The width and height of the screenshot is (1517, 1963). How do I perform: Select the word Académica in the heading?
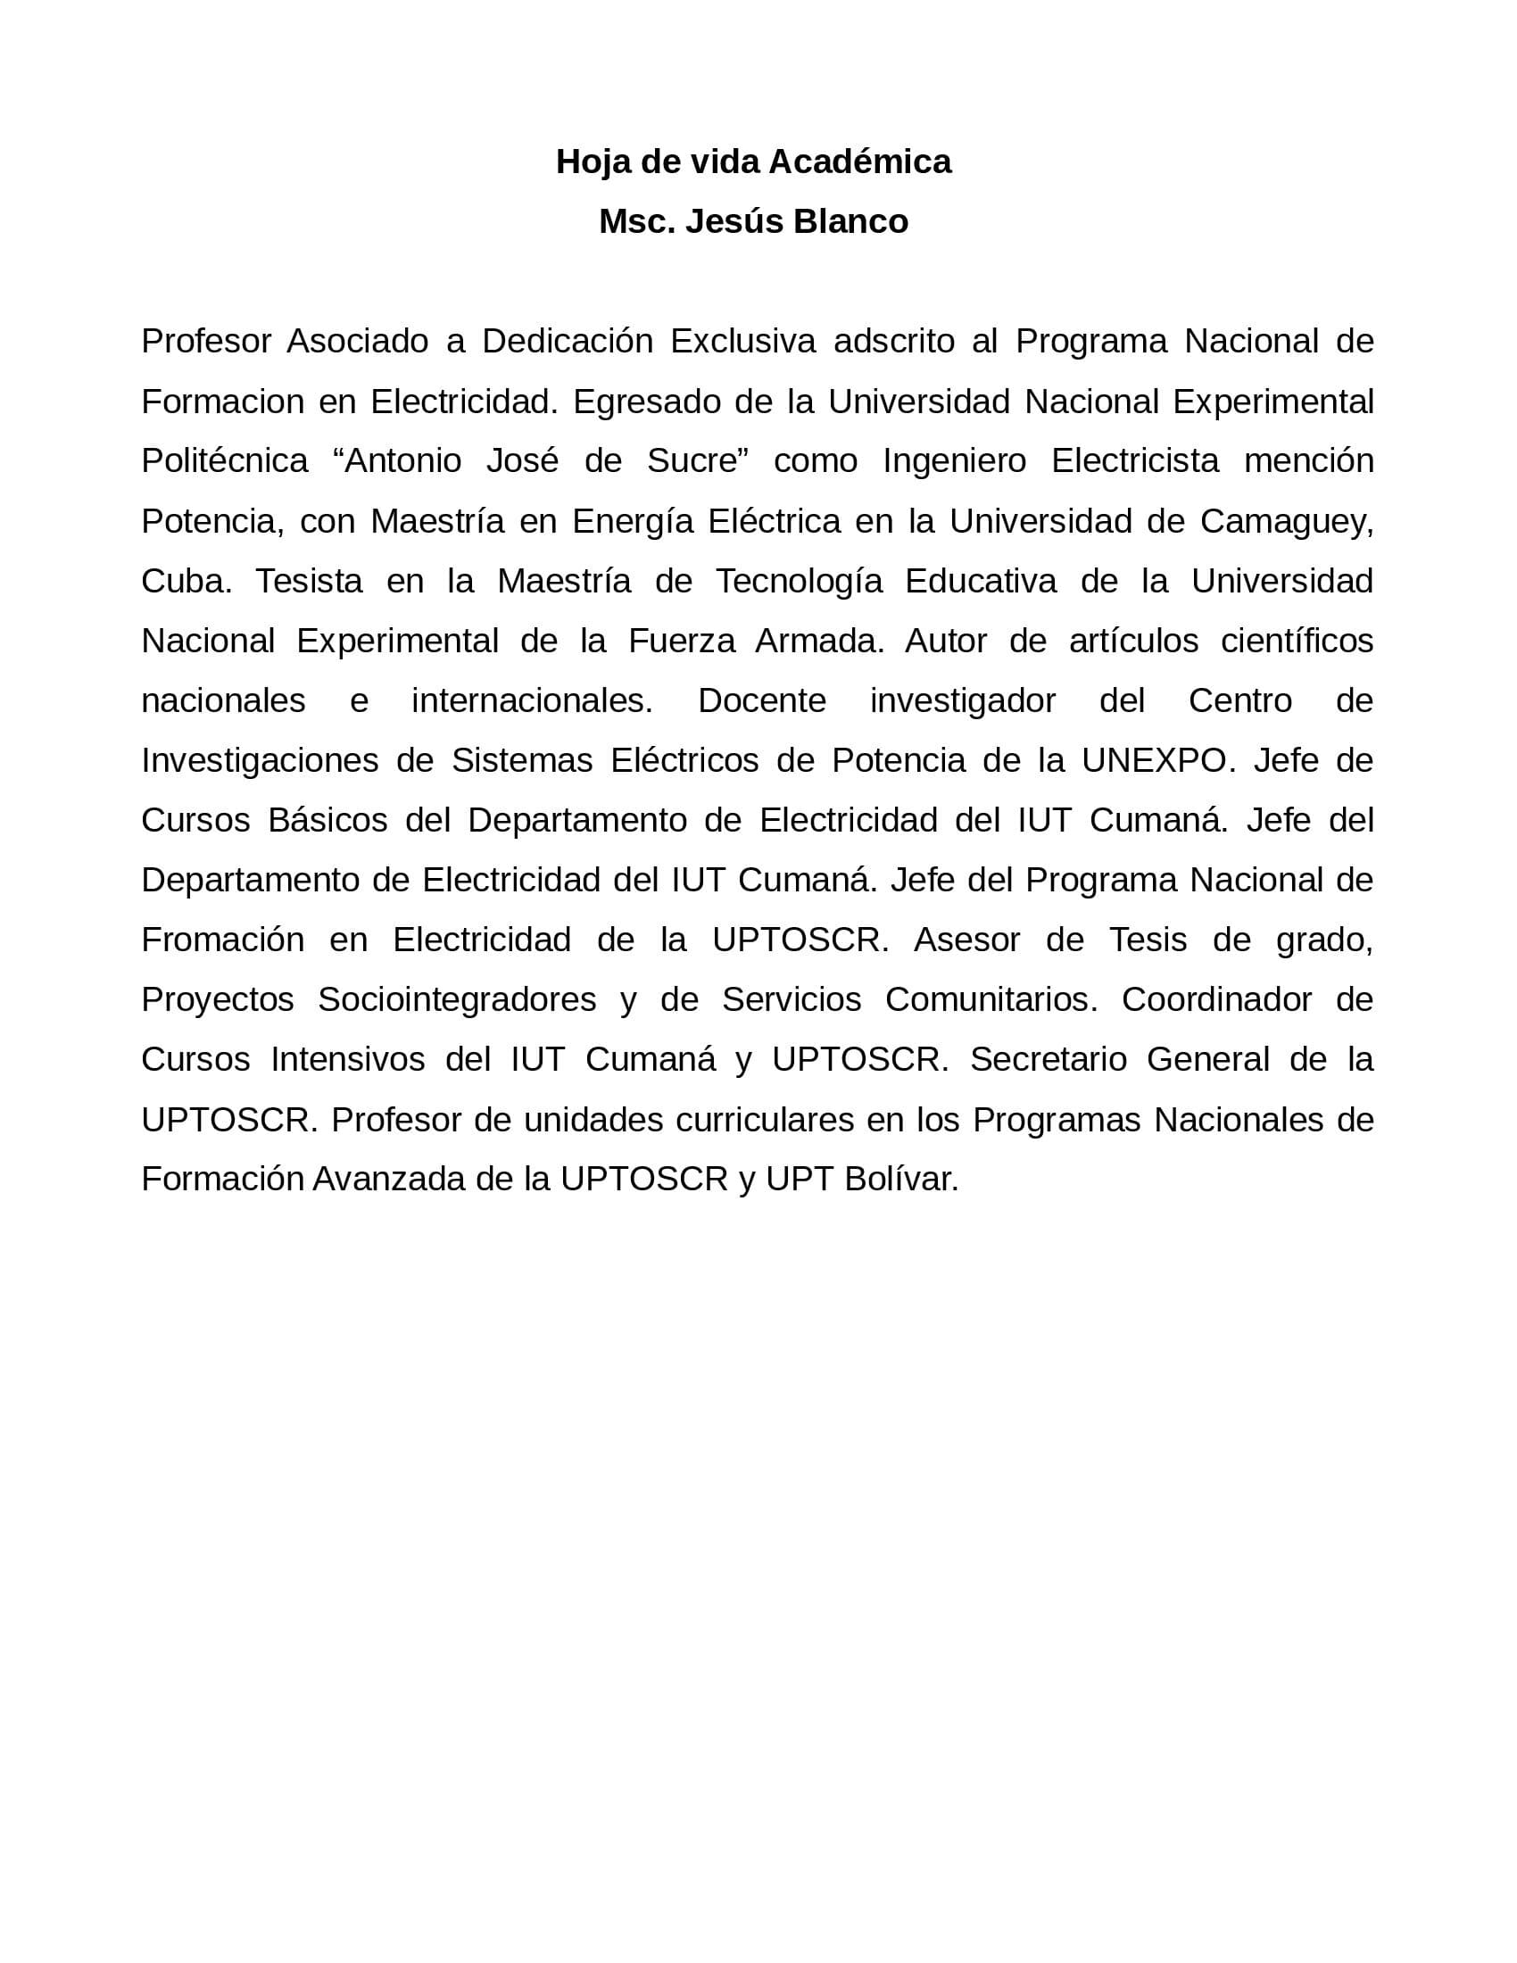(859, 162)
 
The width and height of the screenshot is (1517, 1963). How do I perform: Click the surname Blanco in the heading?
(850, 221)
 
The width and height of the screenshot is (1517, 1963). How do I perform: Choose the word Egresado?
(647, 402)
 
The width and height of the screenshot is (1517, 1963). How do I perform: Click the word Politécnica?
(225, 461)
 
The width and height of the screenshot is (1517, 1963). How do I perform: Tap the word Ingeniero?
(955, 461)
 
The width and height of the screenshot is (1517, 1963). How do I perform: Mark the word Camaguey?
(1286, 521)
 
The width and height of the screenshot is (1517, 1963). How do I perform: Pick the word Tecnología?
(799, 582)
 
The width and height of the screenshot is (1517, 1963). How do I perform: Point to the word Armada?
(819, 641)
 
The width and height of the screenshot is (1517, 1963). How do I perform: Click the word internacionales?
(532, 701)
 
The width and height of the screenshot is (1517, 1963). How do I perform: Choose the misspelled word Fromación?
(223, 940)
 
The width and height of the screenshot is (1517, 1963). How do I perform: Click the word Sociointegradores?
(457, 999)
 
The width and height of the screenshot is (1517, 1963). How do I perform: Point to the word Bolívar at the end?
(901, 1180)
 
